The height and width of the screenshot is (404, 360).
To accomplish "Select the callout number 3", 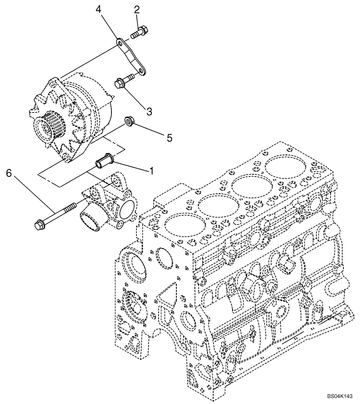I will [149, 112].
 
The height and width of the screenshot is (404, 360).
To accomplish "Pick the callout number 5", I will [170, 138].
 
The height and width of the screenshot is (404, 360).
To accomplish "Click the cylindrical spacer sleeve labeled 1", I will [104, 162].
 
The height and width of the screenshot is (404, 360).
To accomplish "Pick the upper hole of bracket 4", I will [120, 42].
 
